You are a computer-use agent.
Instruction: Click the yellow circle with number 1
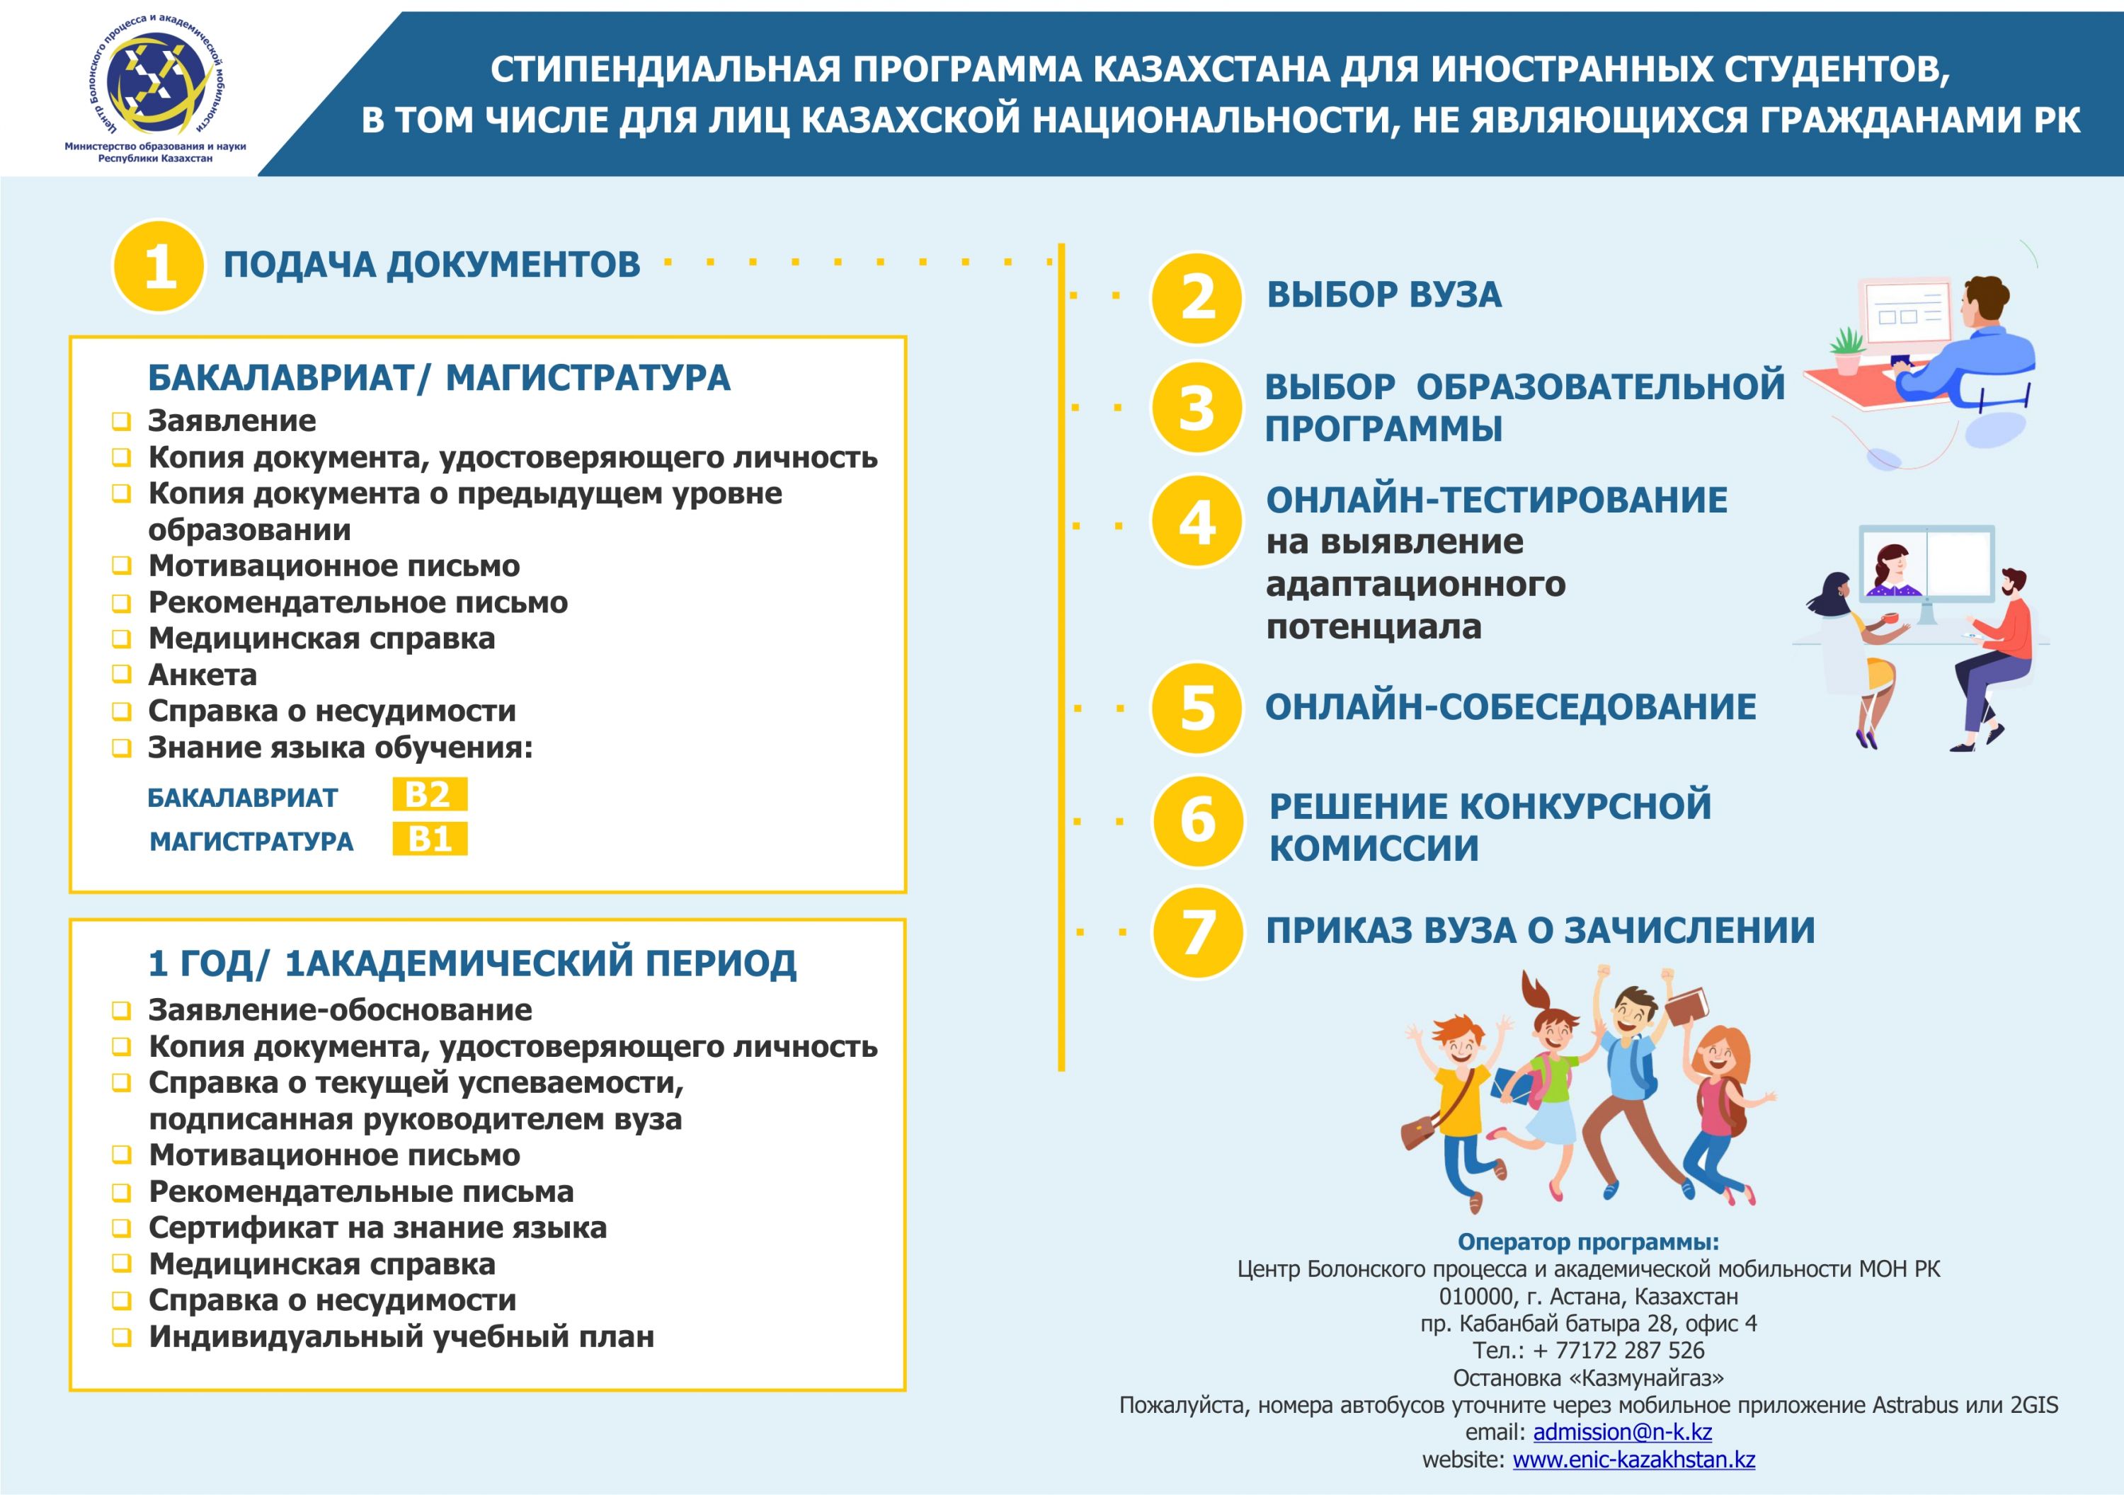pos(158,266)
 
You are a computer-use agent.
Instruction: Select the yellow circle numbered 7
pos(1197,932)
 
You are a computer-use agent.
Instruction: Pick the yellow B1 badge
pos(429,839)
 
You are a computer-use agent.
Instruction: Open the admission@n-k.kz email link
pos(1622,1432)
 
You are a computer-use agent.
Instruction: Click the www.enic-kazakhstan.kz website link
pos(1633,1460)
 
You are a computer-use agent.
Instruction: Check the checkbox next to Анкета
pos(121,675)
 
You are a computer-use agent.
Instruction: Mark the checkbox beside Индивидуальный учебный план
pos(121,1337)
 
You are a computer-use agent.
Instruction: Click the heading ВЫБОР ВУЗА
pos(1384,295)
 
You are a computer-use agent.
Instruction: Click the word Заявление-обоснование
pos(341,1010)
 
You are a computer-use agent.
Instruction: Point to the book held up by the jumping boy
pos(1686,1006)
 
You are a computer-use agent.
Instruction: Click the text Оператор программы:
pos(1587,1242)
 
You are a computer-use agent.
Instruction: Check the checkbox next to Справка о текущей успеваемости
pos(121,1083)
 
